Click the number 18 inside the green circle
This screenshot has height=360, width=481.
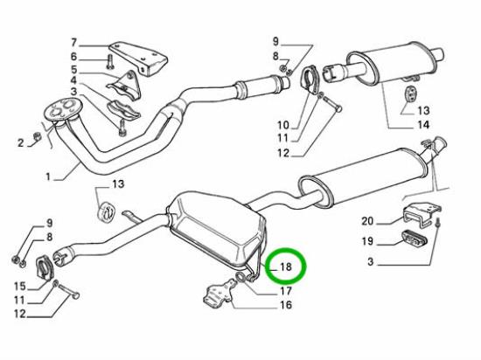(286, 267)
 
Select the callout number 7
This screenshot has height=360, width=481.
(73, 43)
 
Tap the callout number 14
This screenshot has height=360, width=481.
(422, 125)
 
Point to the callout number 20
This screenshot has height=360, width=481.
(367, 221)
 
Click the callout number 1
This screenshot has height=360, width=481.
(48, 177)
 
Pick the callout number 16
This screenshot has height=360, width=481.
(286, 305)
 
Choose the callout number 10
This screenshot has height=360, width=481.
(283, 125)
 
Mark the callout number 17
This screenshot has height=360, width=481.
(286, 291)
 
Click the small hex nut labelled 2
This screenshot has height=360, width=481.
(37, 136)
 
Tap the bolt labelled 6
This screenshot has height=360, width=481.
(110, 61)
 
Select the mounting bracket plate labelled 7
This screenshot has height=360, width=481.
(139, 59)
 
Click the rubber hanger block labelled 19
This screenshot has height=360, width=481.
(414, 239)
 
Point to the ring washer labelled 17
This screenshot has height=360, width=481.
(240, 278)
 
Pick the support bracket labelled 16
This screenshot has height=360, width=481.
(219, 292)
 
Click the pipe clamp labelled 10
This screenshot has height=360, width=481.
(310, 79)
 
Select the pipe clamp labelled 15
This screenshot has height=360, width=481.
(45, 267)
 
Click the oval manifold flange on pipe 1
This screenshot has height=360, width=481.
(62, 110)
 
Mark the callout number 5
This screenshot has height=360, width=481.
(73, 70)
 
